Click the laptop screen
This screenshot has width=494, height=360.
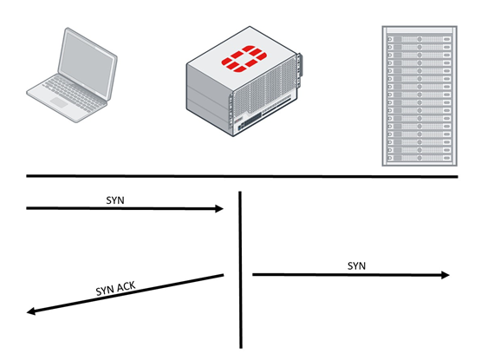point(87,64)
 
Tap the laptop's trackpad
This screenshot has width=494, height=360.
point(59,102)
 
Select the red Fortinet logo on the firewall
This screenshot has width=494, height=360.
point(244,59)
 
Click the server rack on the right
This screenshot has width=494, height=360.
point(419,95)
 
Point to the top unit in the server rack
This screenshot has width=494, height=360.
point(419,39)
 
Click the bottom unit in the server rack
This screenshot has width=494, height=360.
point(419,158)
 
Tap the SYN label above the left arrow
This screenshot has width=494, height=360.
point(115,200)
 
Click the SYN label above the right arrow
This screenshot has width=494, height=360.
point(357,265)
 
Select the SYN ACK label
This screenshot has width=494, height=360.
point(115,289)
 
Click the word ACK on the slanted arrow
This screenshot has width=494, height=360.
point(126,286)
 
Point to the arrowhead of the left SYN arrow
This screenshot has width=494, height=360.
point(219,208)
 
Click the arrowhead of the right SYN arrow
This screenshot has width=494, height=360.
point(445,275)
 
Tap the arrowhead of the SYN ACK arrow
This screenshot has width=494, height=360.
point(31,311)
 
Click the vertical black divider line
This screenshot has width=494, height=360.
point(240,270)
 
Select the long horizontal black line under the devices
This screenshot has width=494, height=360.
point(242,176)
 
